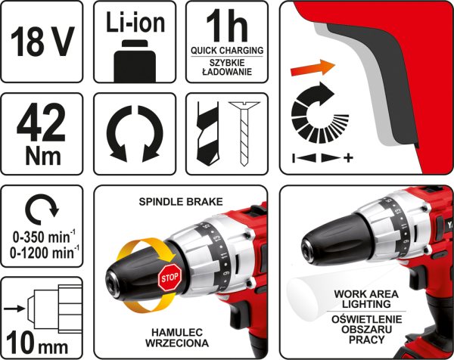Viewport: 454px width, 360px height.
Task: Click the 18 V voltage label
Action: tap(42, 42)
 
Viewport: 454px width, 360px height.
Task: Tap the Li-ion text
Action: tap(135, 22)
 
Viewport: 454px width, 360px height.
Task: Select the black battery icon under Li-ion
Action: tap(135, 61)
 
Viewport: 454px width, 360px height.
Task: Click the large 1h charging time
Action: tap(227, 26)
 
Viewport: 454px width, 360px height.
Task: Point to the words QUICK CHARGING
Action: tap(227, 51)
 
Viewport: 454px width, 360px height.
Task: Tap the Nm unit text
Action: tap(43, 157)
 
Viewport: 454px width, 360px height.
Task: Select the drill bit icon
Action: tap(207, 134)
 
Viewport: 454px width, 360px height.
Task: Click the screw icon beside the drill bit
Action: tap(244, 133)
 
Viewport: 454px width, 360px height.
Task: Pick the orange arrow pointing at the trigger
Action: tap(313, 68)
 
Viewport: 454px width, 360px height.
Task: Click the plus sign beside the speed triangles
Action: tap(348, 158)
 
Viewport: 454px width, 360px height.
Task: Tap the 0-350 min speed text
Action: tap(44, 237)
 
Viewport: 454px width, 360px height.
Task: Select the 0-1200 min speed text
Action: tap(44, 253)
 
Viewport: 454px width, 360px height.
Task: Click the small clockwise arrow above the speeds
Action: tap(42, 209)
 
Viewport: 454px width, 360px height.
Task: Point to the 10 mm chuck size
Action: tap(37, 346)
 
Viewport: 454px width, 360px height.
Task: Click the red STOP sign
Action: tap(169, 278)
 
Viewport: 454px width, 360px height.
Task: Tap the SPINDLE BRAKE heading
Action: tap(181, 202)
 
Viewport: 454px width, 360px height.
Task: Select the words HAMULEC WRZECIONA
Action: tap(177, 338)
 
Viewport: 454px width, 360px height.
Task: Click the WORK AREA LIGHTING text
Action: tap(366, 299)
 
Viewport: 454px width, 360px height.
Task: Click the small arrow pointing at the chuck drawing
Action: tap(15, 309)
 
